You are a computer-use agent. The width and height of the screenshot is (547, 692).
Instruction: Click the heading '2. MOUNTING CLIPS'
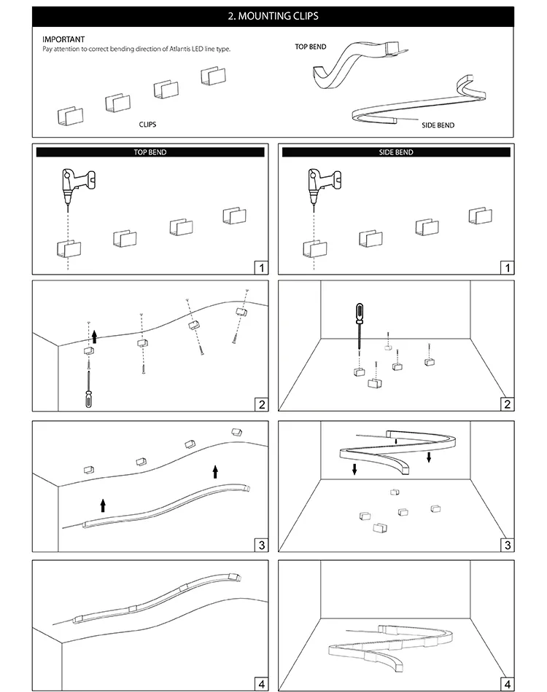[273, 15]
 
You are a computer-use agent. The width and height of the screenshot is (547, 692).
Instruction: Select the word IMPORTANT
[63, 39]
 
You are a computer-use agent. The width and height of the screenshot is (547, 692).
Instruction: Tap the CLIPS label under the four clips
[147, 125]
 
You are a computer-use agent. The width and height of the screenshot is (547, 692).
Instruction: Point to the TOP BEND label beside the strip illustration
[310, 47]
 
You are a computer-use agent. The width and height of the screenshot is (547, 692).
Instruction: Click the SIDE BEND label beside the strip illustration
[438, 125]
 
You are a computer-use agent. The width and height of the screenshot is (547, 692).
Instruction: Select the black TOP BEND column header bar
[150, 152]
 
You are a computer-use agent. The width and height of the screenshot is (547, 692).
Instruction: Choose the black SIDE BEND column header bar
[396, 152]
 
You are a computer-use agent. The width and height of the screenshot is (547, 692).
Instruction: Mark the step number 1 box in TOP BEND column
[261, 268]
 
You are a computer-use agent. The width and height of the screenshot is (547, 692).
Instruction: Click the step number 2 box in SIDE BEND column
[508, 404]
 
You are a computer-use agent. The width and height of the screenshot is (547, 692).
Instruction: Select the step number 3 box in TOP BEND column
[261, 544]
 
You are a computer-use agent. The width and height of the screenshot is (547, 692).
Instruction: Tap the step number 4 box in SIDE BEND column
[508, 683]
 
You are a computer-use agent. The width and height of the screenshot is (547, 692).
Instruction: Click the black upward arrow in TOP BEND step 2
[94, 336]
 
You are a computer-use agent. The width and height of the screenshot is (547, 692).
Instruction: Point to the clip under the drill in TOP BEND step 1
[69, 248]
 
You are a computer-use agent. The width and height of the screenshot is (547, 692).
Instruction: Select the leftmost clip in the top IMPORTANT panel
[70, 115]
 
